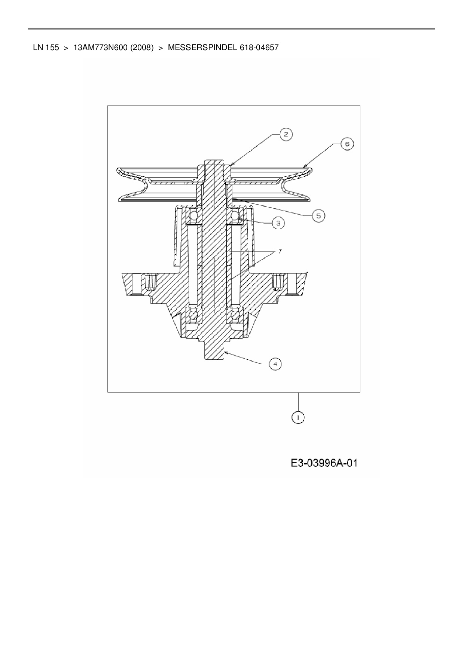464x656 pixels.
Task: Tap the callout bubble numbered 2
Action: [x=286, y=135]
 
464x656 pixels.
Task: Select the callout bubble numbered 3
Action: [x=278, y=223]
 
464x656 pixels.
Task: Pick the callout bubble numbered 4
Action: [x=275, y=364]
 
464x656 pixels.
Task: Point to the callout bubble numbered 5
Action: [x=318, y=216]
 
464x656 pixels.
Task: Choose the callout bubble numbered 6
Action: [x=347, y=144]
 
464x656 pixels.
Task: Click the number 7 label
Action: [x=280, y=251]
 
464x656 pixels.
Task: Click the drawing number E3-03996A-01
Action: [x=324, y=463]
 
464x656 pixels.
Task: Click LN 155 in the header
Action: [x=46, y=47]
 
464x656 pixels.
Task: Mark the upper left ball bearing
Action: [x=194, y=216]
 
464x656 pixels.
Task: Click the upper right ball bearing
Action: [x=235, y=216]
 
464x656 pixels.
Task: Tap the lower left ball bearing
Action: [x=193, y=316]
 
